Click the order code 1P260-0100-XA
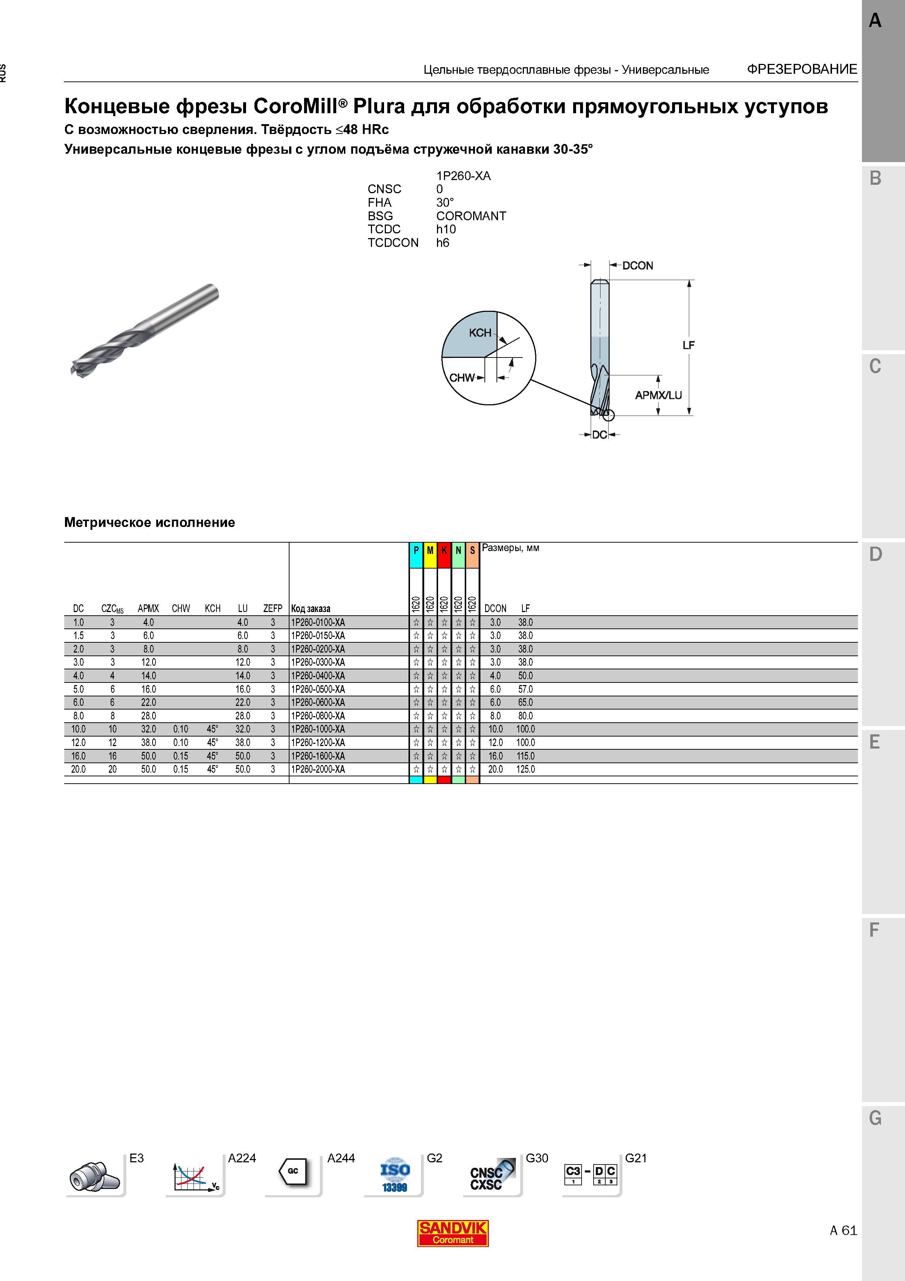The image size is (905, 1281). [x=318, y=622]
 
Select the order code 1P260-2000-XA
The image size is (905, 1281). [x=318, y=769]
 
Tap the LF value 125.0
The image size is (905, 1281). [x=526, y=769]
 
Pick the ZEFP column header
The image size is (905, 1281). [x=273, y=608]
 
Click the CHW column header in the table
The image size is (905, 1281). [x=181, y=608]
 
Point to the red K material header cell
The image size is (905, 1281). [x=444, y=555]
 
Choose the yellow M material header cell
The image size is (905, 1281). [x=430, y=555]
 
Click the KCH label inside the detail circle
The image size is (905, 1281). [x=480, y=333]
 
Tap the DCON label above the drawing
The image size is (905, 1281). [x=637, y=265]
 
